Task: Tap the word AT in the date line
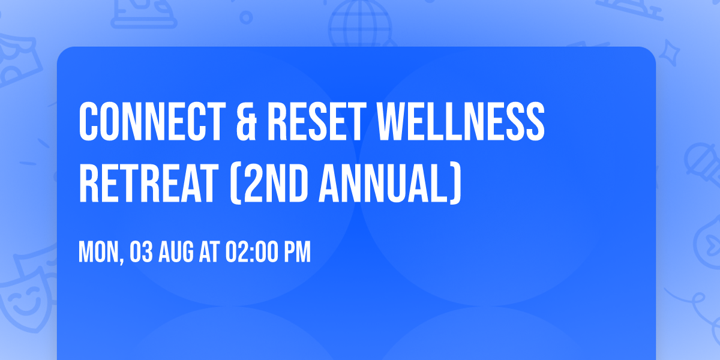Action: [x=209, y=253]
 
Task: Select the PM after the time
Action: [x=296, y=253]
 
